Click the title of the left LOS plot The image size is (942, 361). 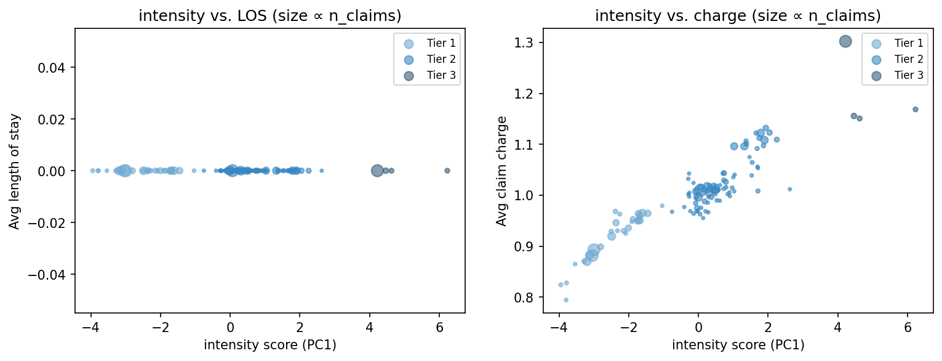[x=269, y=16]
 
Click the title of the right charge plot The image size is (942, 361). [x=738, y=16]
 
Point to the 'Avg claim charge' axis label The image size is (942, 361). [x=502, y=171]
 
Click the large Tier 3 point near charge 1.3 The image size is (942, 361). [x=845, y=41]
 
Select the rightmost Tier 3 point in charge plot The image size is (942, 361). [x=915, y=109]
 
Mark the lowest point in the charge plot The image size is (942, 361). [x=566, y=300]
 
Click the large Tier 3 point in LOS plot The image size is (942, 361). [x=377, y=171]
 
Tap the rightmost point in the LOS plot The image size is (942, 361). [x=447, y=171]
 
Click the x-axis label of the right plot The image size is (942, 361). [x=738, y=345]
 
